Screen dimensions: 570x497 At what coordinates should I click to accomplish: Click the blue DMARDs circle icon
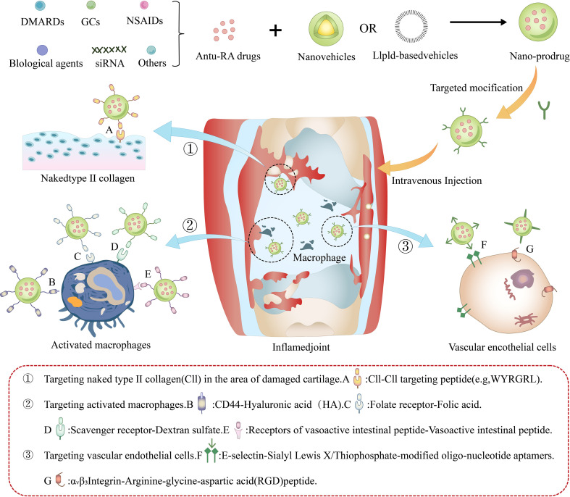41,6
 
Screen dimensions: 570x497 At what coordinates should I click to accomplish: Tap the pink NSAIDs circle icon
144,6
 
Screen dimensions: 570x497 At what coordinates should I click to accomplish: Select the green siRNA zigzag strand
109,49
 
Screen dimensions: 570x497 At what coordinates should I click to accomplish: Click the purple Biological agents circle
43,50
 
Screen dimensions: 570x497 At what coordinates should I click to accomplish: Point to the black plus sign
275,30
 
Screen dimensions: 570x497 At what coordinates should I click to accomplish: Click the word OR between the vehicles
368,28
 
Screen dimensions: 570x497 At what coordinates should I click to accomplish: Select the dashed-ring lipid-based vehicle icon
411,27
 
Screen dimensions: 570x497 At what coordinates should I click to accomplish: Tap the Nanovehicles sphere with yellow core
326,29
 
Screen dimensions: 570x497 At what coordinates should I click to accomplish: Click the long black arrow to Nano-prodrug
479,22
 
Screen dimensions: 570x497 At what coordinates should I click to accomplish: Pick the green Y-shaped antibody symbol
544,110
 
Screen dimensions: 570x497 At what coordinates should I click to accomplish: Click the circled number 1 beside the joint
190,149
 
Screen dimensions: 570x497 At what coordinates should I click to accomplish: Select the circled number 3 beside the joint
406,246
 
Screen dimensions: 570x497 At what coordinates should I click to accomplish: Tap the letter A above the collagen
109,130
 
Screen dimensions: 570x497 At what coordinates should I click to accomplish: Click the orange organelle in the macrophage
75,303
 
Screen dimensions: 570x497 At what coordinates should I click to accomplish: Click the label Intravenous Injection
437,180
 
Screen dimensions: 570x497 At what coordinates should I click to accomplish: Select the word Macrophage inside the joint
319,258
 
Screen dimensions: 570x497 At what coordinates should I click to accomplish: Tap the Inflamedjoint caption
301,347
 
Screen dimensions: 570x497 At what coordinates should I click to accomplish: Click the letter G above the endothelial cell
530,249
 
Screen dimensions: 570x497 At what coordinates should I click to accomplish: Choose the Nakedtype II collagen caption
88,178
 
